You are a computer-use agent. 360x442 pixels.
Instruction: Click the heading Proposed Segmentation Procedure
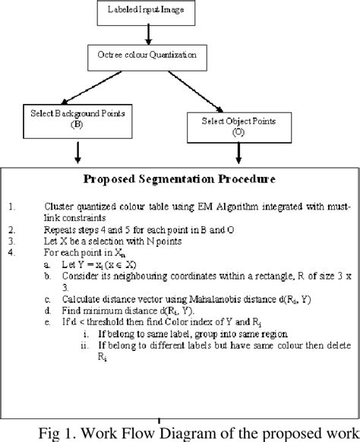(x=178, y=181)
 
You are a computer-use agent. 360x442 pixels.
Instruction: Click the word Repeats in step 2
(x=62, y=228)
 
